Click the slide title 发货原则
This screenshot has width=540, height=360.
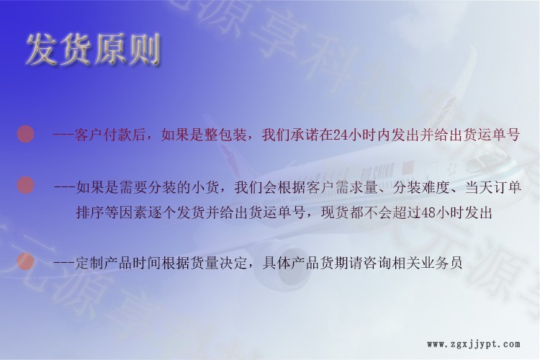pos(94,49)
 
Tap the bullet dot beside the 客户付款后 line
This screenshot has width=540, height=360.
pos(25,134)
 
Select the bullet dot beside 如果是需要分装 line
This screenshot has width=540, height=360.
pos(25,185)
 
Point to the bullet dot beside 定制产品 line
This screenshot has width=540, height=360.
pos(25,261)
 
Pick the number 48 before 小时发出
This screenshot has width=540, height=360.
pos(429,213)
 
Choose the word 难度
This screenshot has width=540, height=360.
pos(436,187)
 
